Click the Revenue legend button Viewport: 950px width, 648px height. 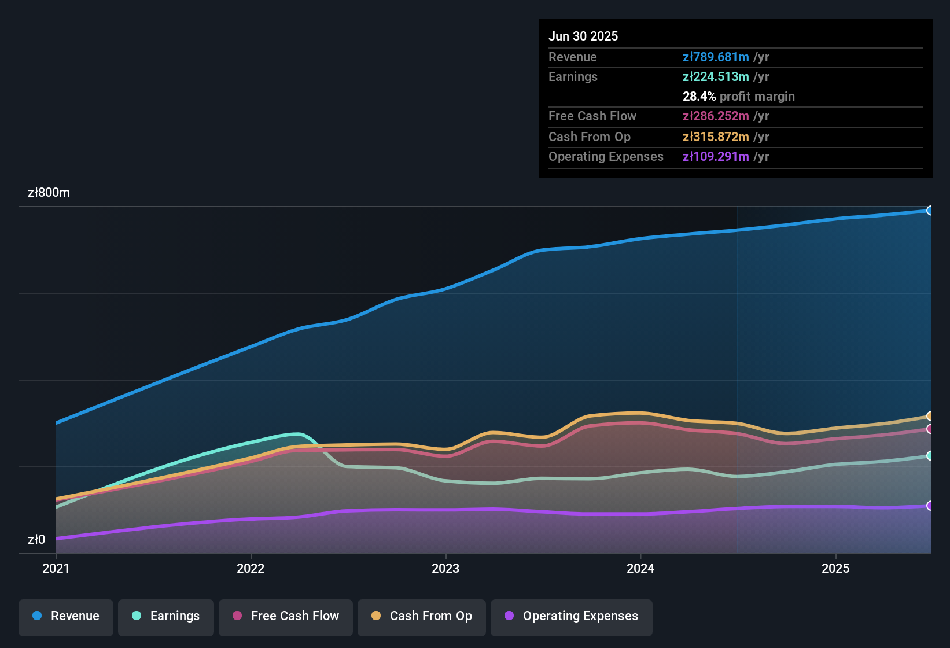click(x=66, y=617)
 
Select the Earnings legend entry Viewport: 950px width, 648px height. click(x=166, y=617)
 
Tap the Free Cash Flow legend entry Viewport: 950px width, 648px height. click(x=286, y=617)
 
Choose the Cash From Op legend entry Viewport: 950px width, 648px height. click(x=422, y=617)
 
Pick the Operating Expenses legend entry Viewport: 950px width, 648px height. click(x=572, y=617)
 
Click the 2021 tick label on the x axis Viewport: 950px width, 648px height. click(x=56, y=569)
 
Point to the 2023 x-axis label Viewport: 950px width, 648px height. click(x=445, y=569)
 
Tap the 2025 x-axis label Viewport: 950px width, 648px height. click(x=835, y=569)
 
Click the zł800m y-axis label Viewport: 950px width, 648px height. click(x=49, y=193)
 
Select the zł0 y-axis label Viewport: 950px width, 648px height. click(x=36, y=540)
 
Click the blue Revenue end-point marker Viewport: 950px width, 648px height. click(x=930, y=211)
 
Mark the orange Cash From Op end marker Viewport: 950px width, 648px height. click(x=930, y=416)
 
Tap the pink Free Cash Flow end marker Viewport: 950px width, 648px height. click(x=930, y=429)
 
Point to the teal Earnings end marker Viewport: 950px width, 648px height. click(x=930, y=456)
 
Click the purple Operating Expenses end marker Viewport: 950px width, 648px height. click(x=930, y=506)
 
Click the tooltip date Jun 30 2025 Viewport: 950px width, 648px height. click(x=583, y=36)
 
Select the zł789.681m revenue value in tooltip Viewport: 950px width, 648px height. click(x=716, y=57)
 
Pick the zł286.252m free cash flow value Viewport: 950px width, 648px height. click(x=716, y=116)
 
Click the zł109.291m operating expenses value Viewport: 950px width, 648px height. click(x=716, y=157)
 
